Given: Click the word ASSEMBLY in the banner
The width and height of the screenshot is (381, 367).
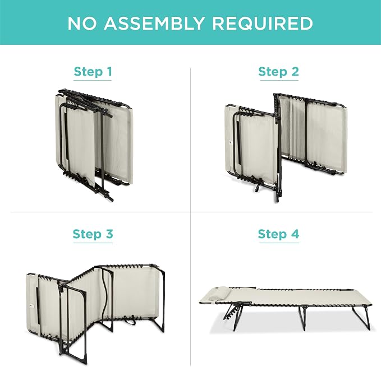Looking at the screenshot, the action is point(154,24).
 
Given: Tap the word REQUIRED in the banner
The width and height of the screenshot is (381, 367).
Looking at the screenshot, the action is point(263,24).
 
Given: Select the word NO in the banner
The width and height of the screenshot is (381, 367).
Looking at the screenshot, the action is point(82,24).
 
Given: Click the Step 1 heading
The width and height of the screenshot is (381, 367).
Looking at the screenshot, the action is point(93,72).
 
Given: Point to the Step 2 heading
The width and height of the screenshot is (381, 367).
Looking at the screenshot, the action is point(279,72).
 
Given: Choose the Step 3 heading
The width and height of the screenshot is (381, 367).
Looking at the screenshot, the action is point(93,234).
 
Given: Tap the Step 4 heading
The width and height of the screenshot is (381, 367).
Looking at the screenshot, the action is point(279,234).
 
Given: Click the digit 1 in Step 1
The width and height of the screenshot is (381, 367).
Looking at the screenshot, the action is point(109,71).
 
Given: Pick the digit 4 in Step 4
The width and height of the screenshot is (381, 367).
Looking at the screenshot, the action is point(295,234).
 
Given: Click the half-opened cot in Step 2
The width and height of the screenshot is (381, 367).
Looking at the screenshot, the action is point(286,147).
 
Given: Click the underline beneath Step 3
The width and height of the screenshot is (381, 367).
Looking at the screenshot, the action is point(93,243).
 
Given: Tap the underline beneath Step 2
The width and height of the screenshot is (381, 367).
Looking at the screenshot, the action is point(279,80).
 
